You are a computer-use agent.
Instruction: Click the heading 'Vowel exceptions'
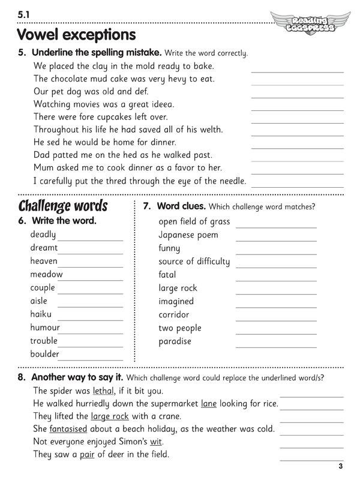(76, 35)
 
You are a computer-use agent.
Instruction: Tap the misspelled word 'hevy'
(170, 79)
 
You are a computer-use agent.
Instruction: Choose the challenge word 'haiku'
(41, 314)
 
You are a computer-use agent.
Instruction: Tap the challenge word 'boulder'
(45, 354)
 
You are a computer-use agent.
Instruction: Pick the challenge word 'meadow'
(46, 274)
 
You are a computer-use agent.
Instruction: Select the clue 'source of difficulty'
(194, 261)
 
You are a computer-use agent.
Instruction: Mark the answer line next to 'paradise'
(276, 347)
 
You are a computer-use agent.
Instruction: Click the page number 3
(340, 466)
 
